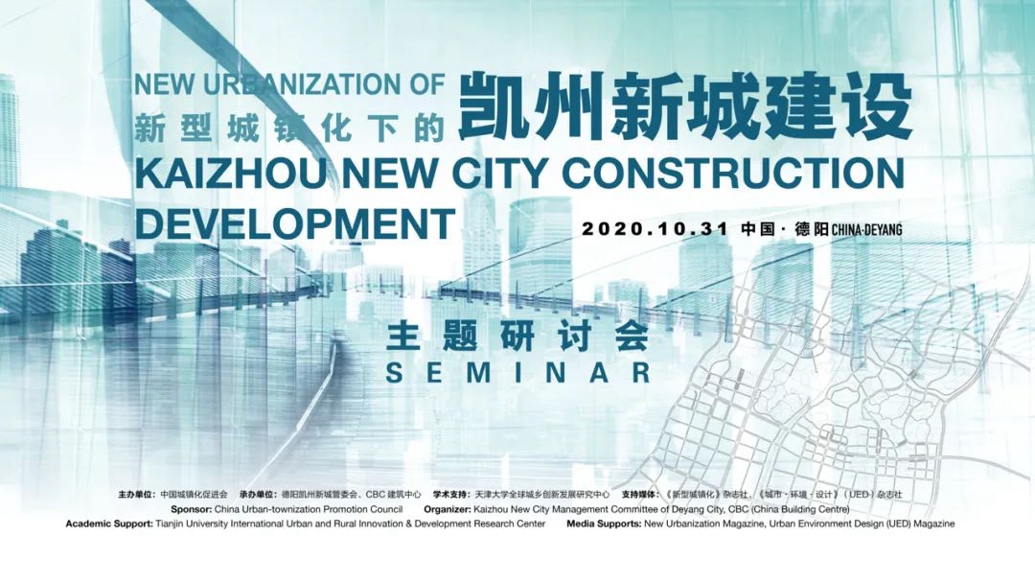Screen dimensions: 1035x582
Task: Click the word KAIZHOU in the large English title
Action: point(231,174)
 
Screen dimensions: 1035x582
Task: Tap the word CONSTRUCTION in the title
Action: point(733,174)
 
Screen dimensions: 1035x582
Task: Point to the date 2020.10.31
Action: point(655,229)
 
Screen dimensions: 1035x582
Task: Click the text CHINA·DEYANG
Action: point(866,230)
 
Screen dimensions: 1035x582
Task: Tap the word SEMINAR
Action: point(518,373)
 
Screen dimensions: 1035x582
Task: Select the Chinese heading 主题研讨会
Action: point(518,337)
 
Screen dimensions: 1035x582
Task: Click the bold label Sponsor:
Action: point(192,509)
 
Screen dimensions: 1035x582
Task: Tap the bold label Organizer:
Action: point(448,509)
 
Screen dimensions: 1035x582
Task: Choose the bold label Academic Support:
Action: point(109,524)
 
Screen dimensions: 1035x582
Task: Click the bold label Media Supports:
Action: point(604,524)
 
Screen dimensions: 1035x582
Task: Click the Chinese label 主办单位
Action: point(137,494)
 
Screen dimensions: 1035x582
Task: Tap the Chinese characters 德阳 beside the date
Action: point(812,229)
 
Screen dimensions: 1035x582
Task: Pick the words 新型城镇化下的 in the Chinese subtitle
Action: point(289,128)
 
